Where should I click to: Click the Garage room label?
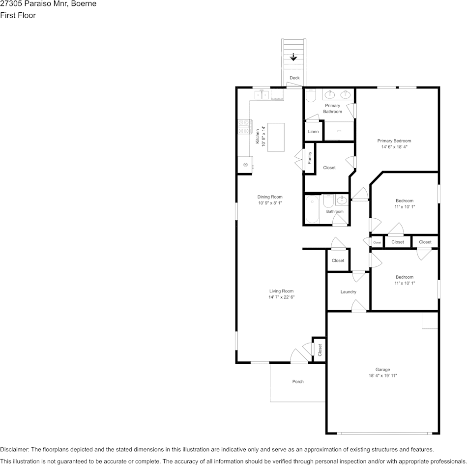[x=382, y=369]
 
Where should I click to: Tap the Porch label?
[x=298, y=381]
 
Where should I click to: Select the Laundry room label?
[x=348, y=292]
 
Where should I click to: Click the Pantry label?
[x=310, y=157]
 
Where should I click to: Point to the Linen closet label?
[x=313, y=131]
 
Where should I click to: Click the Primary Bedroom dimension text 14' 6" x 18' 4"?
[x=394, y=147]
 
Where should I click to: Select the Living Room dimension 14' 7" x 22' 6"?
[x=281, y=297]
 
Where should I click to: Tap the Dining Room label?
[x=270, y=197]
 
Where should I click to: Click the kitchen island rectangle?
[x=276, y=137]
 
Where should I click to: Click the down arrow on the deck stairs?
[x=293, y=57]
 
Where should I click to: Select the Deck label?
[x=294, y=78]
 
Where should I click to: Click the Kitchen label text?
[x=257, y=136]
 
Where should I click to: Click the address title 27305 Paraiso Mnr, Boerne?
[x=48, y=4]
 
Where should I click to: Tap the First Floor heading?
[x=18, y=15]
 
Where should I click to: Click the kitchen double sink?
[x=262, y=95]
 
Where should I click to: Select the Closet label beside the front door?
[x=320, y=350]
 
